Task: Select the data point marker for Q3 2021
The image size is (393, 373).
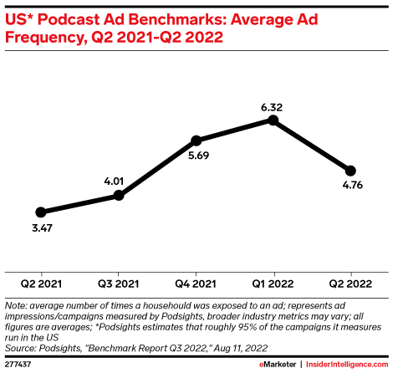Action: pyautogui.click(x=119, y=195)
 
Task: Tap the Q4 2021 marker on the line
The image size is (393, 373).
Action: pyautogui.click(x=196, y=141)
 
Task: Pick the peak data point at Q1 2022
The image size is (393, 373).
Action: pyautogui.click(x=273, y=120)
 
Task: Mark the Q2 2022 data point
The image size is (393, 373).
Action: pyautogui.click(x=350, y=171)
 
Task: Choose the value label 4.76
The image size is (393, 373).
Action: pyautogui.click(x=350, y=186)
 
